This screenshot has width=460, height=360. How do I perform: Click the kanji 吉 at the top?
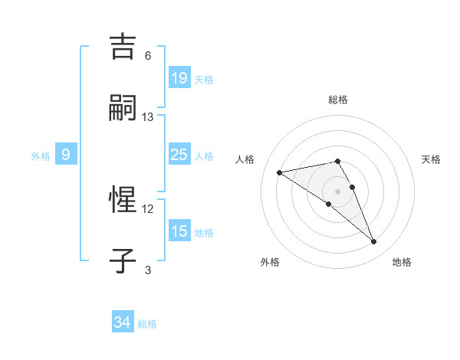[123, 47]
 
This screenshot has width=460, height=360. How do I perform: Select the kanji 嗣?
[123, 108]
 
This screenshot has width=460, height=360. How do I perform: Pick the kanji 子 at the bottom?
[123, 260]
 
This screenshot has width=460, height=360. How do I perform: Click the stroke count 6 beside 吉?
[148, 56]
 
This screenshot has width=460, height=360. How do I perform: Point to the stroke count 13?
[148, 117]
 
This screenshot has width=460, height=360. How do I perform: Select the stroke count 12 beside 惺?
[148, 208]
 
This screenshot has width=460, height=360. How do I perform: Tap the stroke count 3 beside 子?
[148, 270]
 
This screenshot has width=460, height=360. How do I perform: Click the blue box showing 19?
[179, 78]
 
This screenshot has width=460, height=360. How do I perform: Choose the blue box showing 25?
[179, 155]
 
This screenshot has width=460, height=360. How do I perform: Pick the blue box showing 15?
[179, 231]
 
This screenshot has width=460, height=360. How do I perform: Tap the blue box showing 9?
[66, 155]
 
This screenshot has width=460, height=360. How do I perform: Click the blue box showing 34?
[122, 323]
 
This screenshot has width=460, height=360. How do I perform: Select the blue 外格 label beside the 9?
[41, 156]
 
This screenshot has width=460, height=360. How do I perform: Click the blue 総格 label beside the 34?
[147, 324]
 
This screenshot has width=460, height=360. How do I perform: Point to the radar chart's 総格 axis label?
[337, 100]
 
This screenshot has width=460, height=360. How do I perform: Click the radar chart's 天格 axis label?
[431, 159]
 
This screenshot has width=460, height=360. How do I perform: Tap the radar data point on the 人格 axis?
[280, 172]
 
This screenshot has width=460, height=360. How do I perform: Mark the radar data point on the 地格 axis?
[374, 242]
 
